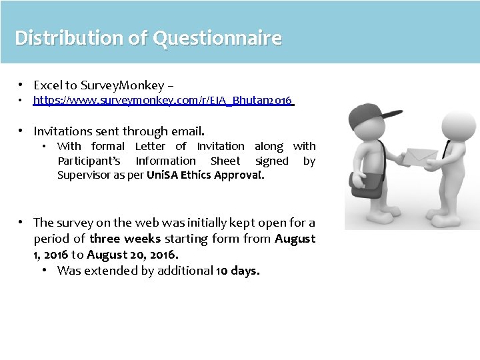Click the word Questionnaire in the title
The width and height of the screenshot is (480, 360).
pyautogui.click(x=217, y=38)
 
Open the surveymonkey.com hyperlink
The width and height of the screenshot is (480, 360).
pyautogui.click(x=163, y=101)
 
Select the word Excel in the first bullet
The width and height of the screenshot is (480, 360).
pyautogui.click(x=47, y=85)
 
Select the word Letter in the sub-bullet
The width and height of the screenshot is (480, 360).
pyautogui.click(x=150, y=146)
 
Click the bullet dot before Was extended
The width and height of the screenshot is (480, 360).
pyautogui.click(x=44, y=271)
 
